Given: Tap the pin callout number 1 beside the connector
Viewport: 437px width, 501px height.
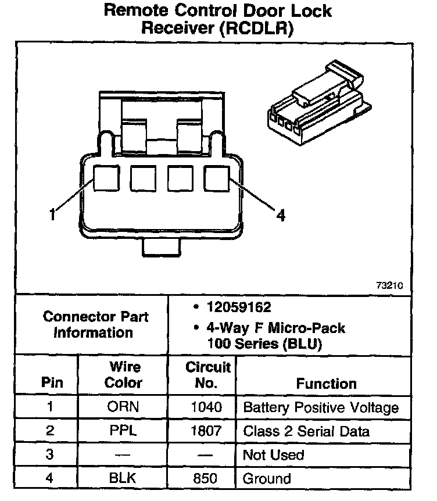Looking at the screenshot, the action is pos(53,214).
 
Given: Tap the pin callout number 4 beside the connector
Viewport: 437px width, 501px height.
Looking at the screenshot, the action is pos(281,216).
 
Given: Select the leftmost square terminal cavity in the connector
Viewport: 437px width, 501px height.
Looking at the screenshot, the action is pos(106,179).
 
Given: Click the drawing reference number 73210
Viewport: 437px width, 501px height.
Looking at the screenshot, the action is pos(389,286).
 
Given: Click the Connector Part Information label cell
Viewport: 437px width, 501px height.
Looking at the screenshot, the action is pos(95,325).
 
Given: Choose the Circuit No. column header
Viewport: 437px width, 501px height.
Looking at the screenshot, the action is pos(207,375).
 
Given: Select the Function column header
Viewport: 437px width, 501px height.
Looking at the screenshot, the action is pos(326,384).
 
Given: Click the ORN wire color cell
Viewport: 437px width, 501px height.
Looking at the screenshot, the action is pos(123,407).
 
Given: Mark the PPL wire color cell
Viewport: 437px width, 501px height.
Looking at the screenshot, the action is pos(123,431).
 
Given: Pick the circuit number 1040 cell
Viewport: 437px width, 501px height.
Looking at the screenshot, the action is pos(206,407).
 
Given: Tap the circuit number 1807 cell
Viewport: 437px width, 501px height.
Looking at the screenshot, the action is pos(206,431).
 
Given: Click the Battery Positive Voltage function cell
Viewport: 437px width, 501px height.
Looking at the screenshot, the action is pos(321,407).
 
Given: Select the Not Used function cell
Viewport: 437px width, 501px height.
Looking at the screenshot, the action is pos(273,455).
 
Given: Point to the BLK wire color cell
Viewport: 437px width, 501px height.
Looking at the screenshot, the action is pos(123,478).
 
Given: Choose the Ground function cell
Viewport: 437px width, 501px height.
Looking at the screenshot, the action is pos(267,478).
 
